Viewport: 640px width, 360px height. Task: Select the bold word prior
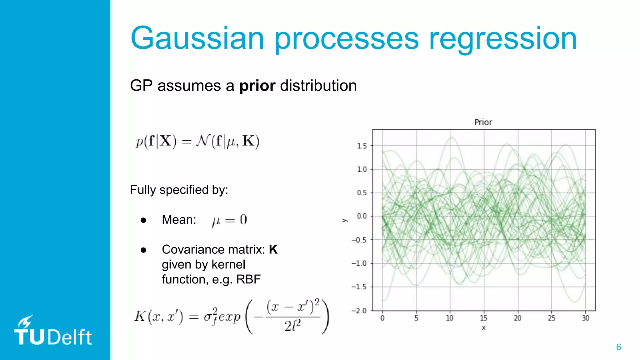click(257, 86)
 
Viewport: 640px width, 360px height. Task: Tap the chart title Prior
click(483, 122)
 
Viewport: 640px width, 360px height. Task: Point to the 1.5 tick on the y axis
click(362, 146)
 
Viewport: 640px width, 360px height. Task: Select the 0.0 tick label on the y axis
click(362, 216)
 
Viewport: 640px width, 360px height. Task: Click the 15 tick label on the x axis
click(483, 318)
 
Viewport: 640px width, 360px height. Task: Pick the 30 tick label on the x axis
click(585, 318)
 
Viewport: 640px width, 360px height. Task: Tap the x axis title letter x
click(483, 328)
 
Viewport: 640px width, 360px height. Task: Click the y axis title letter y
click(344, 220)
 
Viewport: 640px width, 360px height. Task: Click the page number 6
click(618, 347)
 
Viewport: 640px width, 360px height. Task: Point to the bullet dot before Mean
click(143, 220)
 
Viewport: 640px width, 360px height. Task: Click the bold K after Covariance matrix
click(273, 249)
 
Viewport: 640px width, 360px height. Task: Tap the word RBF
click(248, 279)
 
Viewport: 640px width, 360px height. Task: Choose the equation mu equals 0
click(229, 220)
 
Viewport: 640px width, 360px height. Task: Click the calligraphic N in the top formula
click(202, 141)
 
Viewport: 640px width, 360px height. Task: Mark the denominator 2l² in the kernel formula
click(292, 326)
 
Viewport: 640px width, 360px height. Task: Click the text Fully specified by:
click(179, 190)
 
